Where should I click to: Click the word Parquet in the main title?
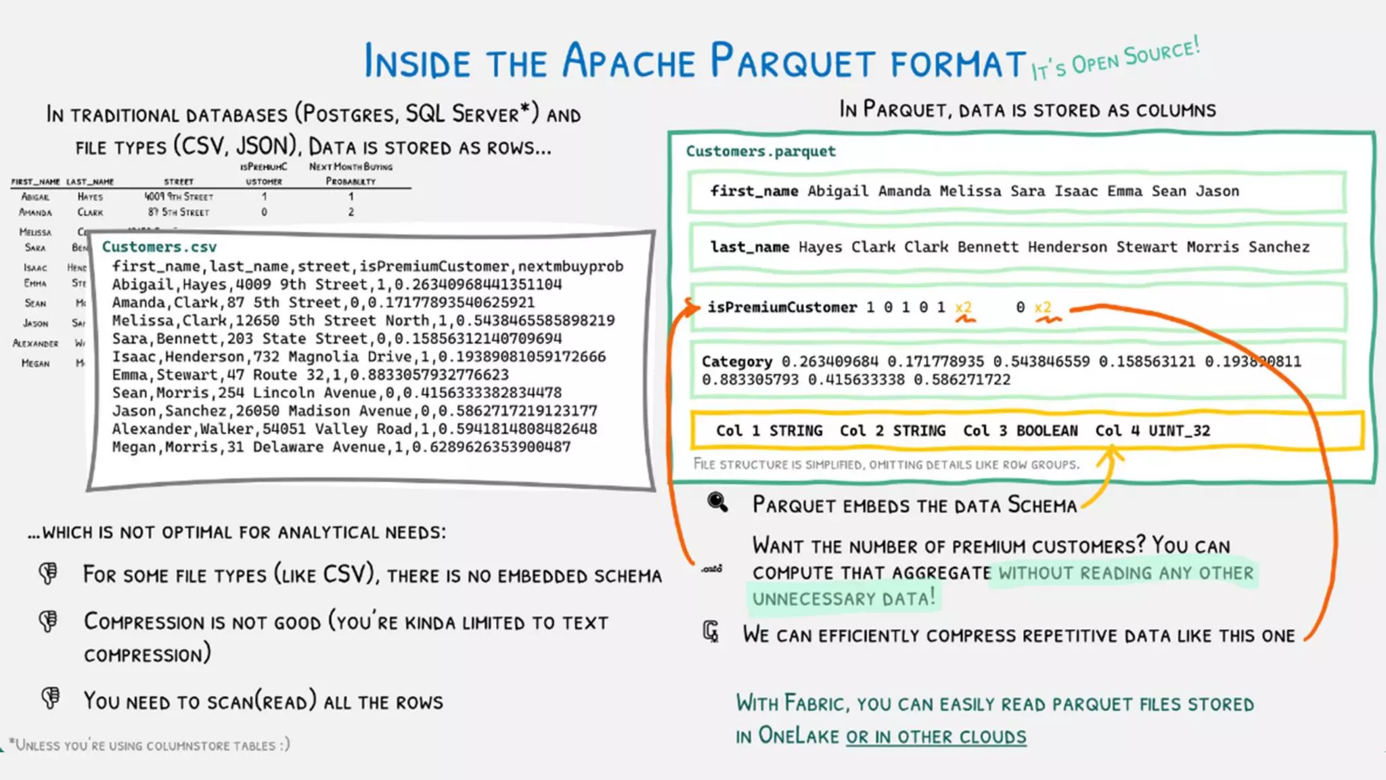coord(792,62)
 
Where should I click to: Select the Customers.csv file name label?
coord(159,247)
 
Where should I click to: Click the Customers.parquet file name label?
coord(761,151)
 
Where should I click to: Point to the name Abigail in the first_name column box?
coord(838,192)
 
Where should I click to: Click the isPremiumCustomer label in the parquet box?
coord(782,307)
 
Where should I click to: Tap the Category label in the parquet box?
coord(736,362)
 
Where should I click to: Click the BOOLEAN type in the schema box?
coord(1047,431)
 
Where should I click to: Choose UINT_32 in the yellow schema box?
coord(1179,431)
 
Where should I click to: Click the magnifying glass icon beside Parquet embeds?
coord(717,502)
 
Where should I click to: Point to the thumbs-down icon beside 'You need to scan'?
coord(50,698)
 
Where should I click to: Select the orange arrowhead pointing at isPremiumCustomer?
coord(692,308)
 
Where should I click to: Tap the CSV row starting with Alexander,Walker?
coord(354,429)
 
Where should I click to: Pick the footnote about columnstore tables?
coord(150,745)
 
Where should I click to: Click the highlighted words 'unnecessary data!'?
coord(843,599)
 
